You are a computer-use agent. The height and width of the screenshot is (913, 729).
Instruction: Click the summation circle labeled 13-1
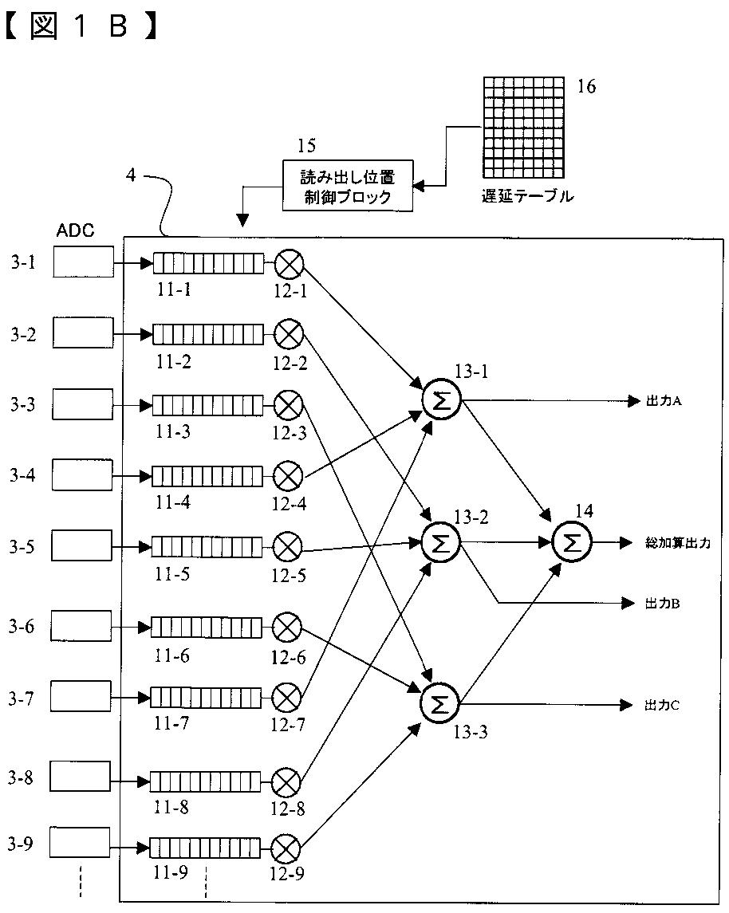pos(441,399)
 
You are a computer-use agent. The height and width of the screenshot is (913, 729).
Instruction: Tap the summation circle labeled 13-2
pos(441,543)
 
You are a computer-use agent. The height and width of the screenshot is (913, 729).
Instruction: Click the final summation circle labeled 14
pos(572,543)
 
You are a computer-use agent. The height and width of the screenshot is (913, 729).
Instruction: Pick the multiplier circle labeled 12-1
pos(290,264)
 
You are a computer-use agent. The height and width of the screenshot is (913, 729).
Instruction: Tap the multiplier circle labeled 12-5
pos(288,547)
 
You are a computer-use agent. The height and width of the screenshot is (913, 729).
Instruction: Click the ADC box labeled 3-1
pos(83,262)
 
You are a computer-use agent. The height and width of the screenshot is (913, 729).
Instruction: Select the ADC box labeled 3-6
pos(81,626)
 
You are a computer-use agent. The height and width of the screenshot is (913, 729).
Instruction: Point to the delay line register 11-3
pos(208,405)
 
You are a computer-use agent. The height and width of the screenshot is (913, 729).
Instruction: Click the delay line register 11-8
pos(206,781)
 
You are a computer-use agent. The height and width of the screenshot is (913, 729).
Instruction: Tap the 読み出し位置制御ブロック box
pos(348,186)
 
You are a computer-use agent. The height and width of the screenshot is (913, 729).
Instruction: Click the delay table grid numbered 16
pos(523,127)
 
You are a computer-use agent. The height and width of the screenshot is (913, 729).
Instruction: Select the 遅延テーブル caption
pos(527,195)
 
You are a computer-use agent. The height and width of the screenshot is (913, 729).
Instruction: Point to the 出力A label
pos(664,400)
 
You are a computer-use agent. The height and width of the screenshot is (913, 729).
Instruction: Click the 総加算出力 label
pos(678,543)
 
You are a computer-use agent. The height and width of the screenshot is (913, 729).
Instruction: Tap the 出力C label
pos(662,705)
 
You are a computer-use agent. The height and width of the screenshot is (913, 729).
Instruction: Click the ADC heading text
pos(75,230)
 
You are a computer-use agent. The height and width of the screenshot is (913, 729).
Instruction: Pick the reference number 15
pos(306,146)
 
